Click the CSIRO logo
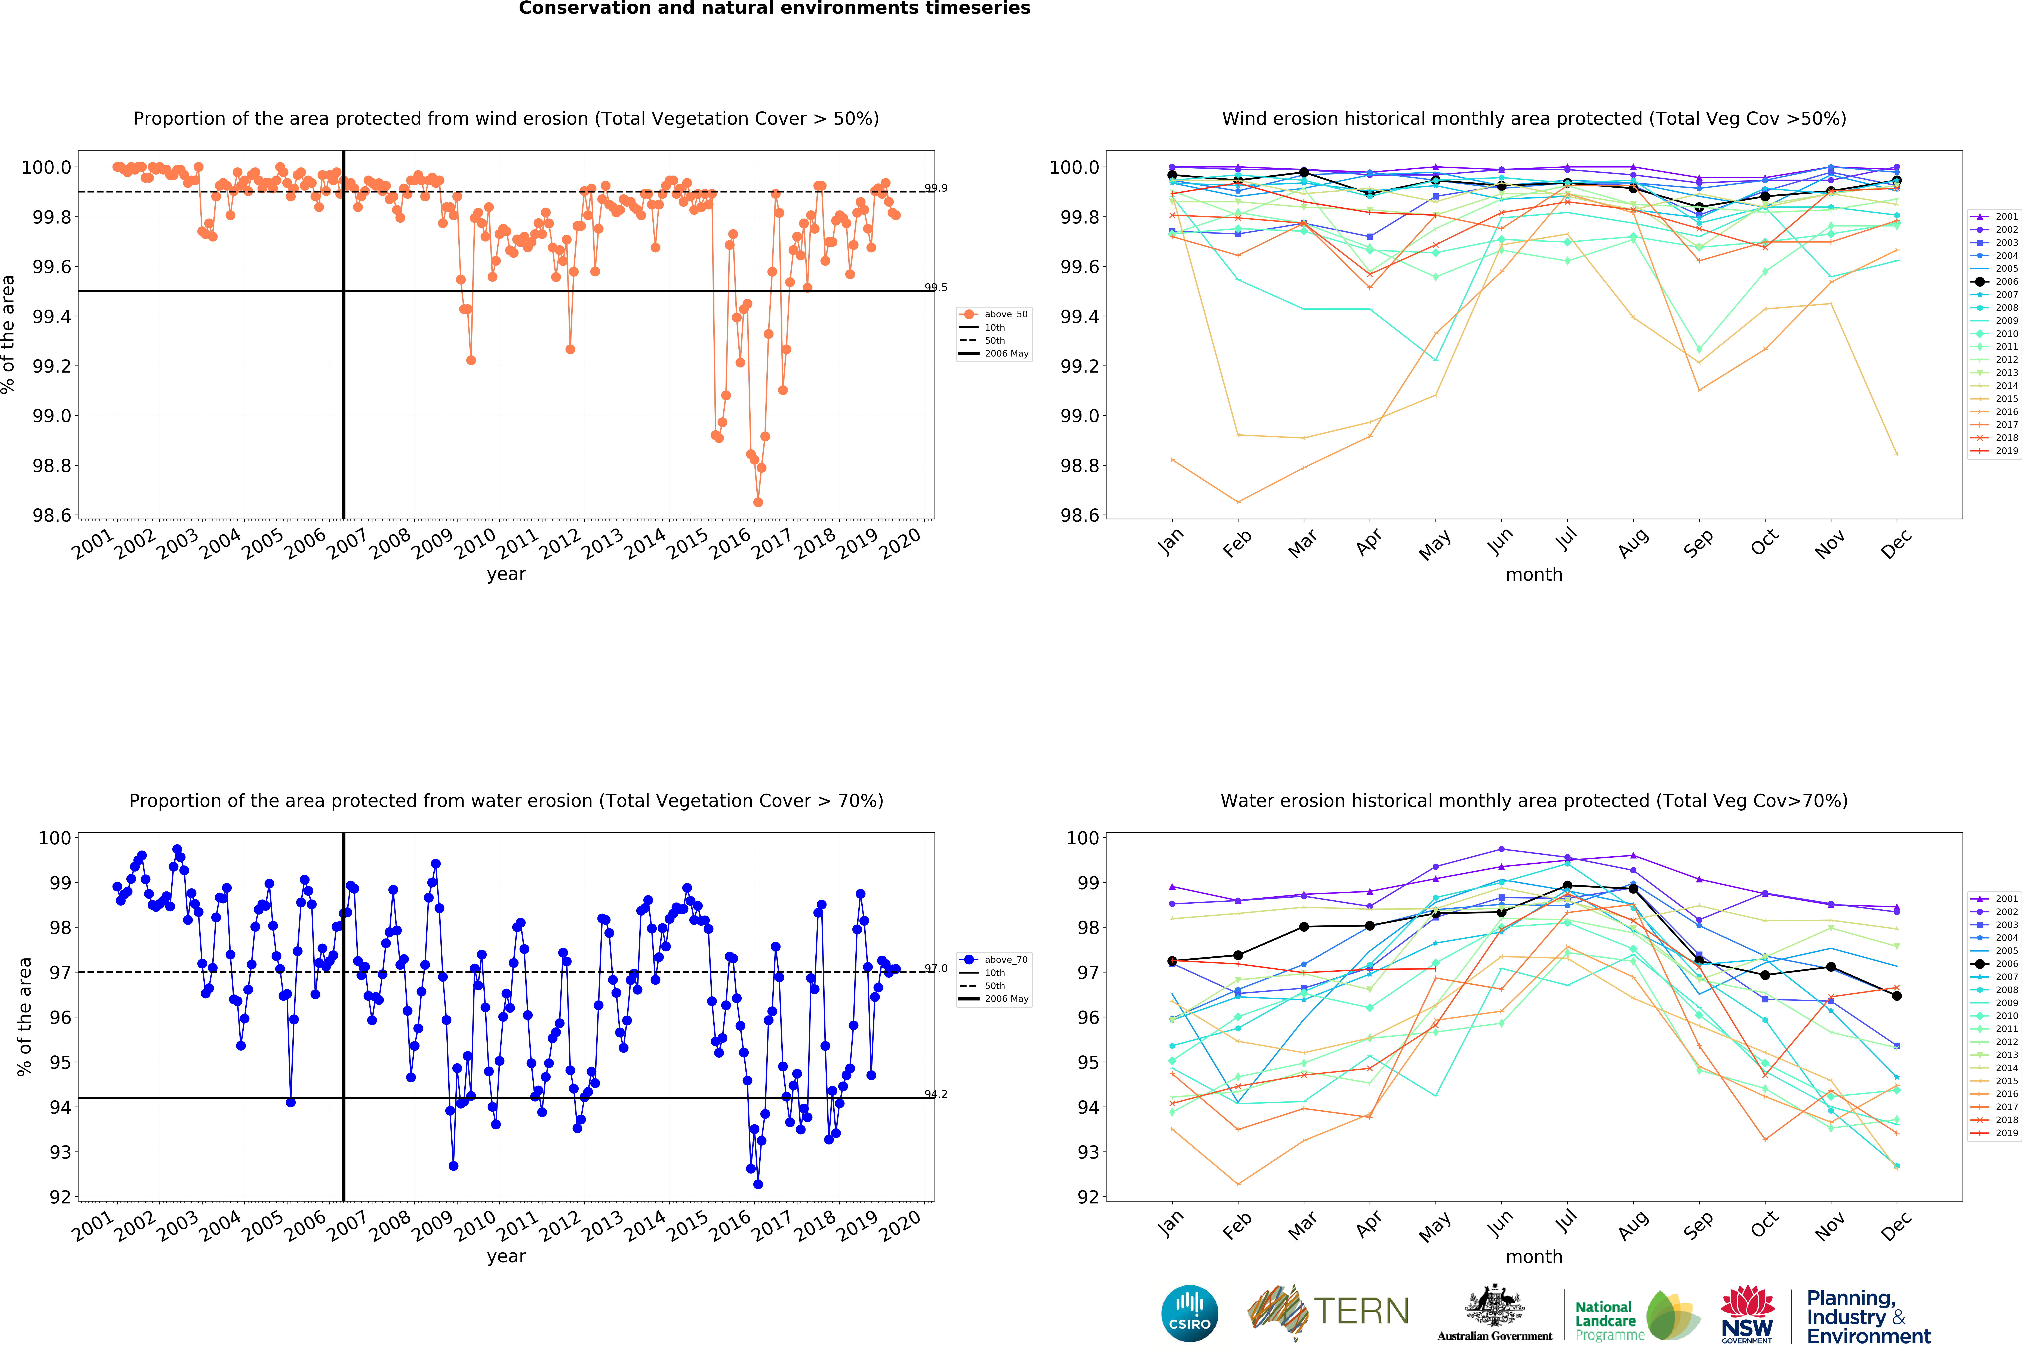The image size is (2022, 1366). (1189, 1313)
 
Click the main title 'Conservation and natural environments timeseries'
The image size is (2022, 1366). (774, 9)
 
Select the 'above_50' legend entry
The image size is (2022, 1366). (1005, 314)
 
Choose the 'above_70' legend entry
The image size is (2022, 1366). (1005, 960)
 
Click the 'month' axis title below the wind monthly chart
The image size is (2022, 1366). (1534, 574)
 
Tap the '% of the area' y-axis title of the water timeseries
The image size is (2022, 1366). (24, 1016)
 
